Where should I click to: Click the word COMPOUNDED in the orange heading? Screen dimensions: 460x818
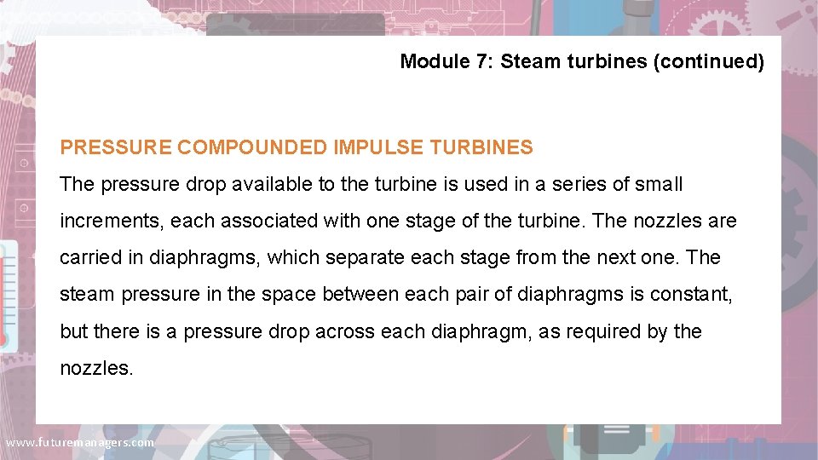pyautogui.click(x=251, y=147)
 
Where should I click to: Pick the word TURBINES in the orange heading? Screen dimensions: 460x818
pyautogui.click(x=482, y=147)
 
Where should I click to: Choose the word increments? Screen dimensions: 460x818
pyautogui.click(x=112, y=221)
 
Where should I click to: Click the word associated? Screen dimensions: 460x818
pyautogui.click(x=257, y=221)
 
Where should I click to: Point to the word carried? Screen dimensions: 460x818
pyautogui.click(x=90, y=258)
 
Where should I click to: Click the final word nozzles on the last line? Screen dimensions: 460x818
pyautogui.click(x=95, y=369)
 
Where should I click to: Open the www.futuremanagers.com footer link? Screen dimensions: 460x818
pyautogui.click(x=80, y=443)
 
